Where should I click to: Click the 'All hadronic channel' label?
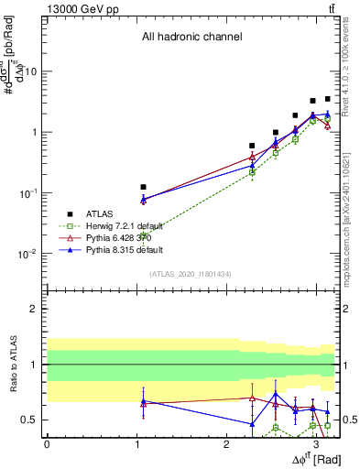coord(191,38)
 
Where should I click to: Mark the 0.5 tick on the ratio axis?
coord(30,420)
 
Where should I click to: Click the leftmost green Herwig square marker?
coord(144,236)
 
